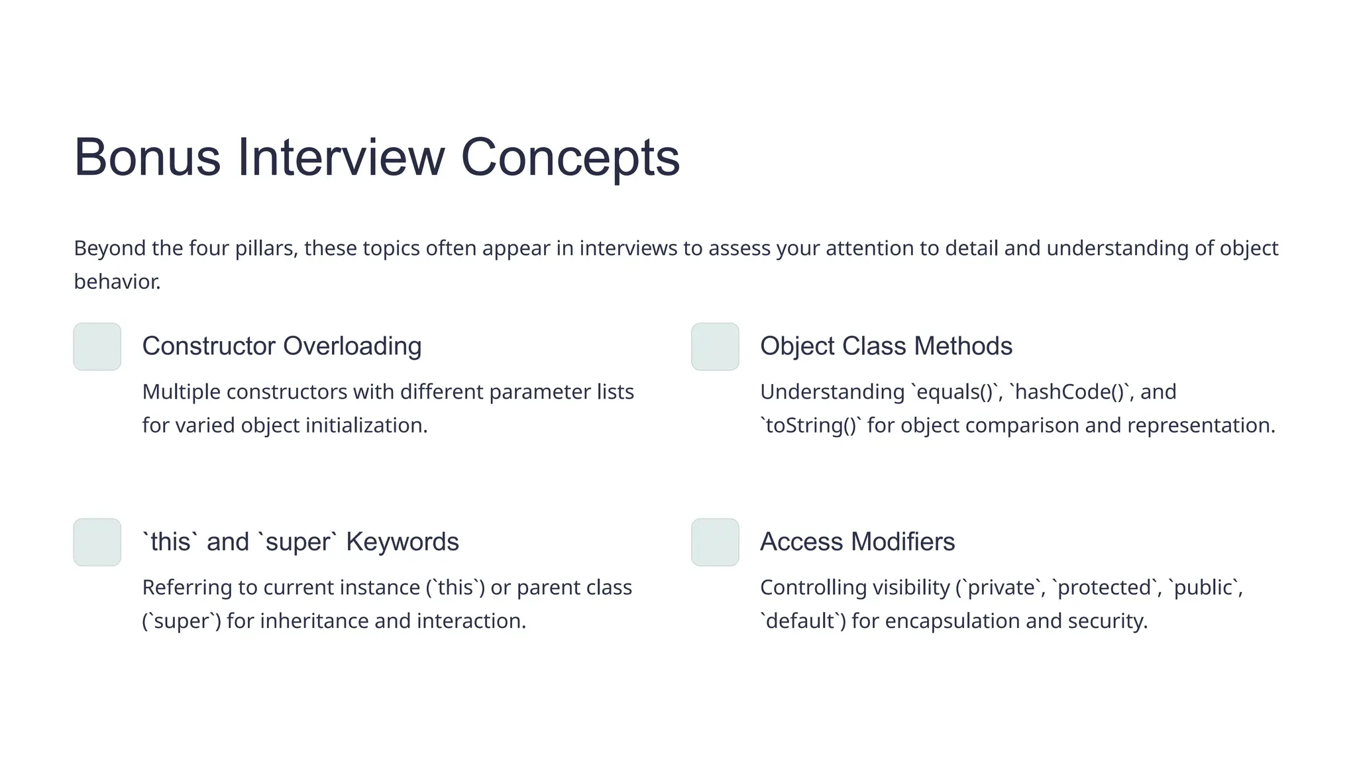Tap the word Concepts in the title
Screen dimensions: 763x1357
[x=570, y=158]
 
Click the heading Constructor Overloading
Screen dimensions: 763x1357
[x=282, y=346]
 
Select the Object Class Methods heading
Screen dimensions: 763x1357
[x=886, y=346]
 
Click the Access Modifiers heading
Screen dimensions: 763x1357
[x=857, y=542]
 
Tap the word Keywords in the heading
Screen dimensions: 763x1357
[x=402, y=542]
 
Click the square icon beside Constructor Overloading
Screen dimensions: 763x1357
[x=97, y=346]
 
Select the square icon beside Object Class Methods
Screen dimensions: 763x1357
[x=715, y=346]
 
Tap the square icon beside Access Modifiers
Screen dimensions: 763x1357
[x=715, y=542]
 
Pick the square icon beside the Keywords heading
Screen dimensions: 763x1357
[x=97, y=542]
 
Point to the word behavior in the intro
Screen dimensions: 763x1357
[x=117, y=282]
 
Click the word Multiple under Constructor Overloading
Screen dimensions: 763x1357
[x=182, y=392]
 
